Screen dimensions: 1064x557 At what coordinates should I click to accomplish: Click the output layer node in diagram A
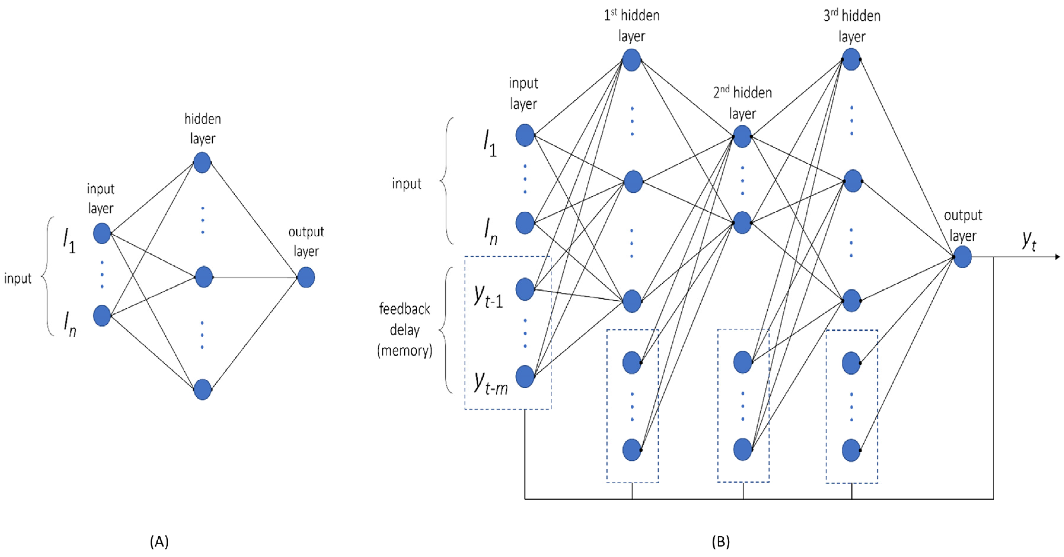(x=306, y=277)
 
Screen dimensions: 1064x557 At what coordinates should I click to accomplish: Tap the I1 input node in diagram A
(x=102, y=233)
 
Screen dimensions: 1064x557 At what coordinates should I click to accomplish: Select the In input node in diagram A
(x=102, y=316)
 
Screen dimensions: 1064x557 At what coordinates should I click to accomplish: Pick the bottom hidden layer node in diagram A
(x=202, y=389)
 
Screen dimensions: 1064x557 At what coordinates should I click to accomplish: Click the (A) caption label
(x=159, y=541)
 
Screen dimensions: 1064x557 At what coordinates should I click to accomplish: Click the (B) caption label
(x=721, y=541)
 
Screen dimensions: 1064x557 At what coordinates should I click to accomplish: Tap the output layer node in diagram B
(x=962, y=257)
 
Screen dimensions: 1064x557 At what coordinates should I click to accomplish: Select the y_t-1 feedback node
(x=525, y=289)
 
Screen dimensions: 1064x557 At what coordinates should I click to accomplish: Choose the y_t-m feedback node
(x=525, y=377)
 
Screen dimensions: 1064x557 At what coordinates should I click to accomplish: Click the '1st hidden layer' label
(x=632, y=25)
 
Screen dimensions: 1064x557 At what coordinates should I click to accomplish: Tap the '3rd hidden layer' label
(x=852, y=26)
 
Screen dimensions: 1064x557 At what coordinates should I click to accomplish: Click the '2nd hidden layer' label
(x=742, y=103)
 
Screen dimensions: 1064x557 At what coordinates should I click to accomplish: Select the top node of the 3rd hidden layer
(x=851, y=60)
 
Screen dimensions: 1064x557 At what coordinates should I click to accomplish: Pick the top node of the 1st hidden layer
(x=632, y=60)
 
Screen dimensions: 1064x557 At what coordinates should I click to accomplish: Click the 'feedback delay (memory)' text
(x=405, y=329)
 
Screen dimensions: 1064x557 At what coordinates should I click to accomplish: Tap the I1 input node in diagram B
(x=525, y=135)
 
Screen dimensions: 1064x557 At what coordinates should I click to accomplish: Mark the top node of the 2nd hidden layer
(x=742, y=136)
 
